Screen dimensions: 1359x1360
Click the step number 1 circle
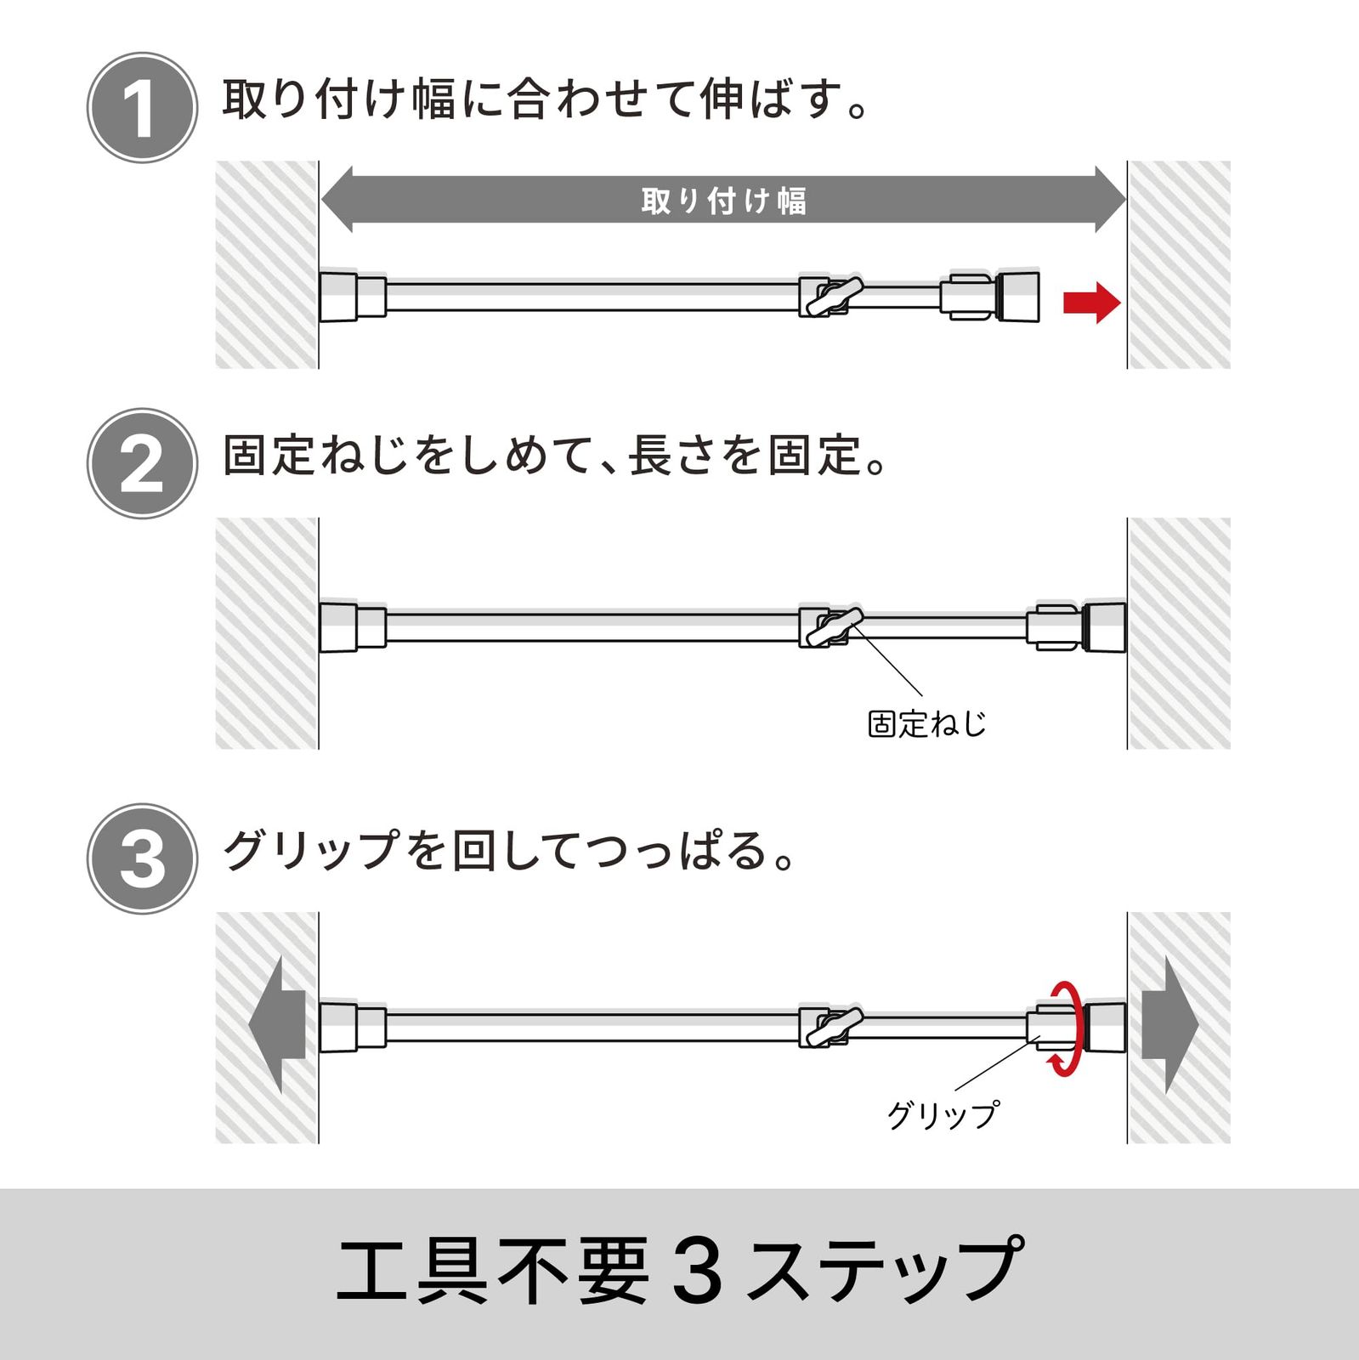coord(142,107)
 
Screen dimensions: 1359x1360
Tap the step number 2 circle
coord(142,463)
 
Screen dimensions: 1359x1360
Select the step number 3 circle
coord(142,858)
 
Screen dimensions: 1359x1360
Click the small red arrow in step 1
coord(1092,303)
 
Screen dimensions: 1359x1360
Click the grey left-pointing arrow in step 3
coord(277,1025)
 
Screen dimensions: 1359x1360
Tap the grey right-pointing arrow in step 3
coord(1169,1025)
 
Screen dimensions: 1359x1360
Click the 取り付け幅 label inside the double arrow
coord(723,201)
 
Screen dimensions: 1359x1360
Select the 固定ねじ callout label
coord(926,724)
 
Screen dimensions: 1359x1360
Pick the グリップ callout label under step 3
coord(943,1114)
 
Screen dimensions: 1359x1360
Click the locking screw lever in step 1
coord(835,297)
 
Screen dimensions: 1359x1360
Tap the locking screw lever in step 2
coord(835,627)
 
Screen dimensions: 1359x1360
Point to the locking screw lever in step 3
coord(835,1026)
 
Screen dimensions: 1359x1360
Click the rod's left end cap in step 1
coord(338,297)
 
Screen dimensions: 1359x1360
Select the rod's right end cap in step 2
coord(1105,627)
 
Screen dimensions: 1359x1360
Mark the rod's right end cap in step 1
coord(1018,297)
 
